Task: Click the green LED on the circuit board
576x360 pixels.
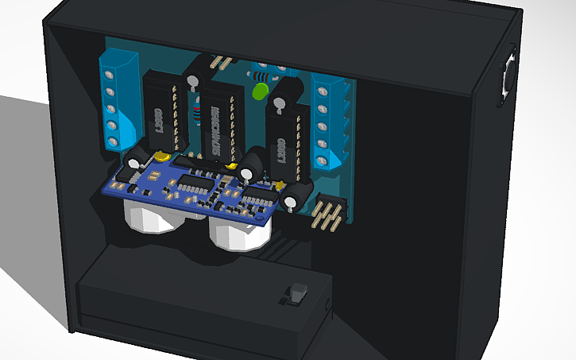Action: (x=258, y=91)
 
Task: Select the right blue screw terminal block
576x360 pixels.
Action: (x=329, y=123)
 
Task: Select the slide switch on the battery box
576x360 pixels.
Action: (x=297, y=294)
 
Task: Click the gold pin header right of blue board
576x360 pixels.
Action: (x=327, y=213)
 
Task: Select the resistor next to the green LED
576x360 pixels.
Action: (x=261, y=77)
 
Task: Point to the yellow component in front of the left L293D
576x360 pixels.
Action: (x=162, y=157)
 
